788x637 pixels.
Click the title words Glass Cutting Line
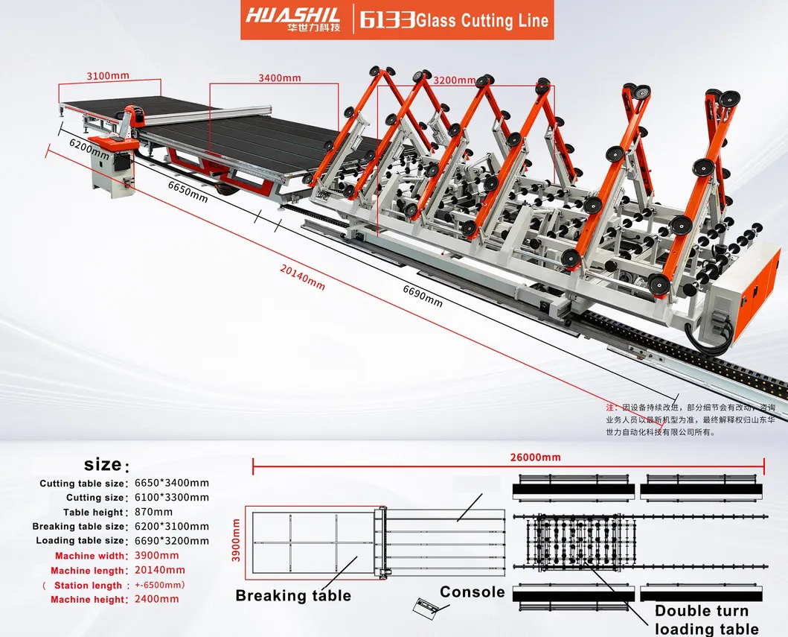click(x=482, y=20)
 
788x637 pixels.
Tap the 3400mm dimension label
click(x=279, y=78)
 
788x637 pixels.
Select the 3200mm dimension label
click(x=455, y=80)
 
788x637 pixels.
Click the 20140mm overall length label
click(x=304, y=280)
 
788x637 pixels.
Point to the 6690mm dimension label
click(x=422, y=295)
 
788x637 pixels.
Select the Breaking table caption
click(x=293, y=595)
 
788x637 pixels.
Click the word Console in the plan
click(x=472, y=592)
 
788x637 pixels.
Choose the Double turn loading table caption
click(x=707, y=620)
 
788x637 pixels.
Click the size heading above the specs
click(x=103, y=465)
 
